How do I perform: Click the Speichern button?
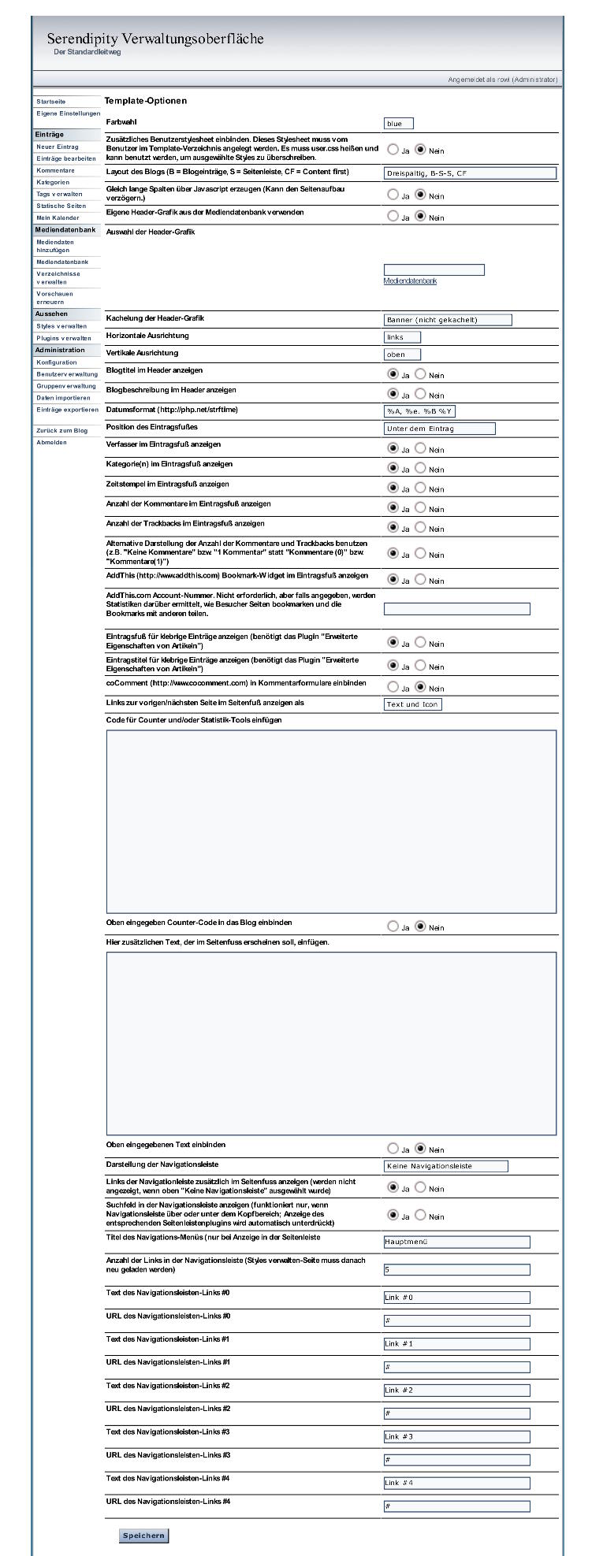pos(143,1535)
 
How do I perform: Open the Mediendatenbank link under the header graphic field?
pos(410,280)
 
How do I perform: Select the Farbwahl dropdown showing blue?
pos(398,123)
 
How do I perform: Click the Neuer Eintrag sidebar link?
pos(58,147)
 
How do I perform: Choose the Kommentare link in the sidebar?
pos(55,170)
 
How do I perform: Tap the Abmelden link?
pos(51,442)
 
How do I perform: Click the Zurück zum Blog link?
pos(61,430)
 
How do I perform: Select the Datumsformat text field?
pos(419,410)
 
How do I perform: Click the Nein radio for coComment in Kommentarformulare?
pos(420,687)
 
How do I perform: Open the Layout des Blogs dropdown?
pos(470,173)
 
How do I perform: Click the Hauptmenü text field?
pos(456,1242)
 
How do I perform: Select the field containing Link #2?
pos(456,1390)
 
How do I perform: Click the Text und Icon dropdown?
pos(412,704)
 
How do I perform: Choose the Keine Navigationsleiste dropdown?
pos(445,1165)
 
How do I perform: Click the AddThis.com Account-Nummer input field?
pos(456,608)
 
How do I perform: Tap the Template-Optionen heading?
pos(146,101)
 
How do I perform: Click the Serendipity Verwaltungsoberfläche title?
pos(155,39)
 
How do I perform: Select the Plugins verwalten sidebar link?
pos(63,338)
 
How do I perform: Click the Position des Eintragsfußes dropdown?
pos(439,428)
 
